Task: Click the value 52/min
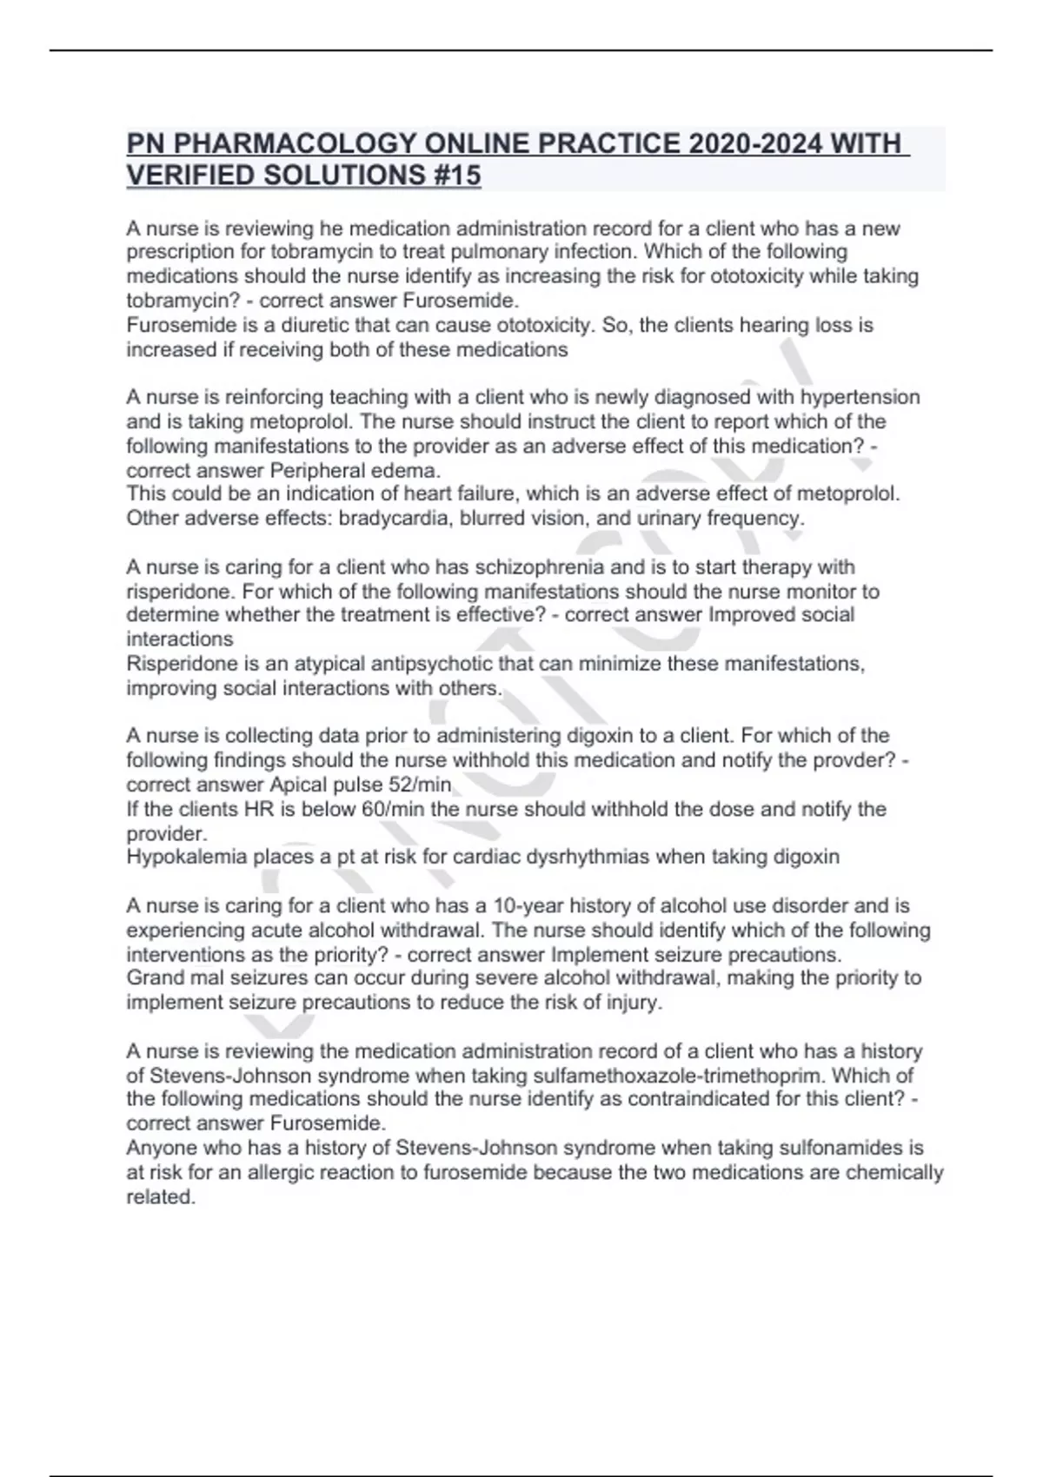(422, 785)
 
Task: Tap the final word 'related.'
(161, 1197)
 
